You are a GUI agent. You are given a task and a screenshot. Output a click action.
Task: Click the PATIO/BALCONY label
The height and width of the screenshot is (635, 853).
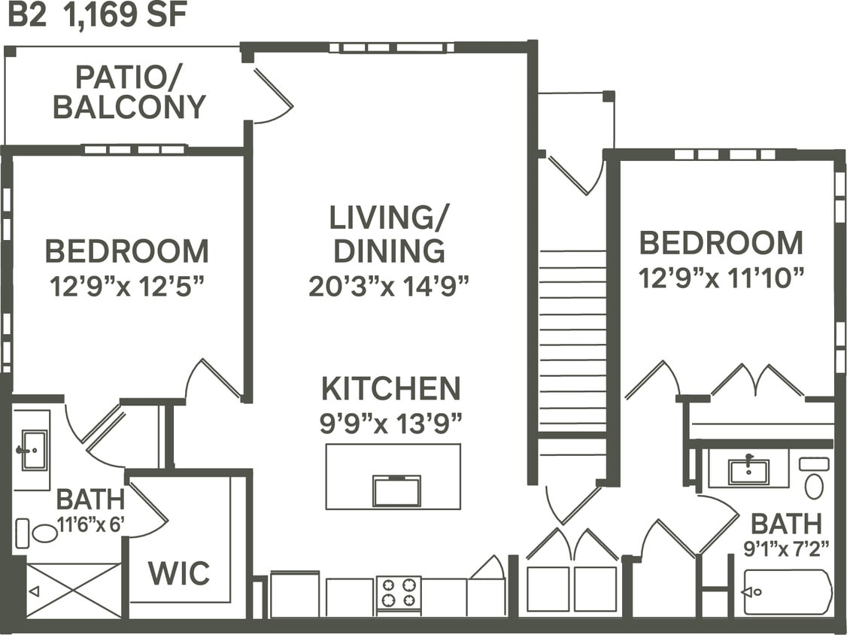129,93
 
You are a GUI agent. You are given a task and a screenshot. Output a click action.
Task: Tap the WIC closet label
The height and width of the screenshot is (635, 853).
178,573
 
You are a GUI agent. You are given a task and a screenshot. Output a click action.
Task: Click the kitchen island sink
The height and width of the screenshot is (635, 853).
396,491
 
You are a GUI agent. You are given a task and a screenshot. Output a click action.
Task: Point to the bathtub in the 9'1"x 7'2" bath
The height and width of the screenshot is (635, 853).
788,592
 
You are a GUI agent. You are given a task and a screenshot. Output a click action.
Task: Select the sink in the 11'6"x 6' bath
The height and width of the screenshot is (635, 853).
33,450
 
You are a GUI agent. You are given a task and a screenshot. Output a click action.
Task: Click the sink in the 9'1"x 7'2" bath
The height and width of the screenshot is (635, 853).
748,472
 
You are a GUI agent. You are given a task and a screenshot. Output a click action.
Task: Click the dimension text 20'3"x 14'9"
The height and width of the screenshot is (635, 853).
389,286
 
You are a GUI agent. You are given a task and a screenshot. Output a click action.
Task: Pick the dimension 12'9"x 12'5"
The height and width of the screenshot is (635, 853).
127,287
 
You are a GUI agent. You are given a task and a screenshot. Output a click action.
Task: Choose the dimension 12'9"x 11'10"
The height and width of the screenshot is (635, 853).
721,279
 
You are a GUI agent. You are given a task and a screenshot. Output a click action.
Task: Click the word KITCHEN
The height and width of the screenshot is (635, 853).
390,389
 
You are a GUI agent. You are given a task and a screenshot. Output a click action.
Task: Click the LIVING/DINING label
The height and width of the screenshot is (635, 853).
389,234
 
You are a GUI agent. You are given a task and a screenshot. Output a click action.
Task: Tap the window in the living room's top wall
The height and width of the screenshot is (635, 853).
391,47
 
